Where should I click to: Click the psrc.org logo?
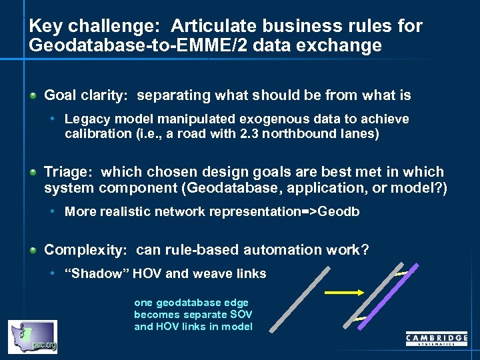(32, 337)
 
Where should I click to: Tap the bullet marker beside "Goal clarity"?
(34, 96)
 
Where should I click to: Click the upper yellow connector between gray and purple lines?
(403, 273)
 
